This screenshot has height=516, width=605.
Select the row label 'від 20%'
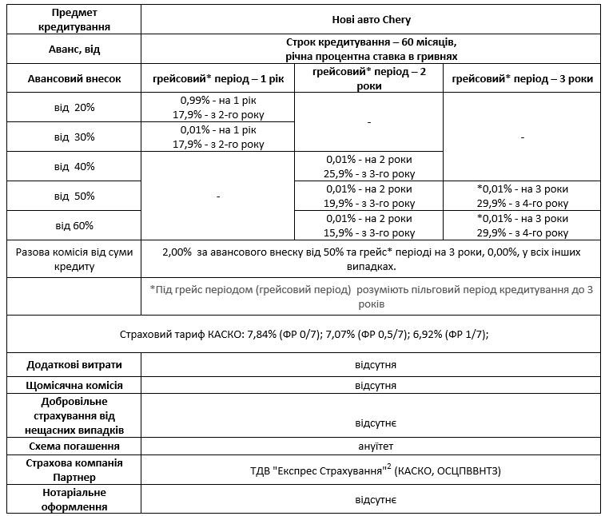pyautogui.click(x=74, y=108)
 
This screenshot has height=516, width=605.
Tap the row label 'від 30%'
pyautogui.click(x=74, y=137)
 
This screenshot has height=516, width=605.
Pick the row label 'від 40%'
pyautogui.click(x=74, y=166)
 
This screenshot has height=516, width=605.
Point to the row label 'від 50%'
pyautogui.click(x=74, y=196)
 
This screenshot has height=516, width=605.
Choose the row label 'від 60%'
pyautogui.click(x=74, y=225)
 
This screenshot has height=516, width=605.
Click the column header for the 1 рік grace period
pyautogui.click(x=217, y=79)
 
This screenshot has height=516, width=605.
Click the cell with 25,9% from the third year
pyautogui.click(x=369, y=166)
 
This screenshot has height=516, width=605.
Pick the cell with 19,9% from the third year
pyautogui.click(x=369, y=196)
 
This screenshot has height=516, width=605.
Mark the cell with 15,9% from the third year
pyautogui.click(x=369, y=225)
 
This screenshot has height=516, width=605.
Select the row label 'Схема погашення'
pyautogui.click(x=74, y=446)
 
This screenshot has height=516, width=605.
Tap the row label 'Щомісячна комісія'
pyautogui.click(x=74, y=385)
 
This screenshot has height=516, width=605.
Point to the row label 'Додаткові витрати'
pyautogui.click(x=74, y=364)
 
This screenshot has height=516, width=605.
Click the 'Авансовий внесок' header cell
pyautogui.click(x=74, y=79)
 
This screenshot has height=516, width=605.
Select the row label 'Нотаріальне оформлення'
pyautogui.click(x=74, y=499)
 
